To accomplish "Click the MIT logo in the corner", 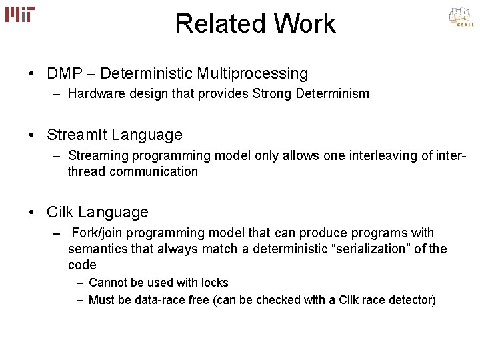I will pyautogui.click(x=20, y=15).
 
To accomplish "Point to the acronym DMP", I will pyautogui.click(x=64, y=73).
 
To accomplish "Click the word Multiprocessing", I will pyautogui.click(x=253, y=73).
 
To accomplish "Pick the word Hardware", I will pyautogui.click(x=94, y=94).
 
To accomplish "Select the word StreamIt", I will pyautogui.click(x=77, y=135).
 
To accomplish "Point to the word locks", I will pyautogui.click(x=214, y=283).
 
